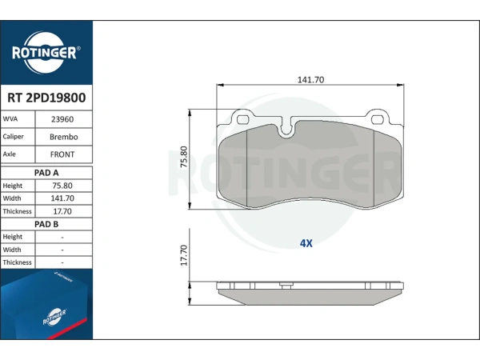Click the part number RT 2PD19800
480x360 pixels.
[x=46, y=98]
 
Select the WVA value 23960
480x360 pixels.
[x=62, y=119]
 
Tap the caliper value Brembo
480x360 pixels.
[x=64, y=137]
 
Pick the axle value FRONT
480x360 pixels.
[x=62, y=154]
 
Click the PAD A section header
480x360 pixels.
[x=46, y=173]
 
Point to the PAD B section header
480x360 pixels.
[x=46, y=224]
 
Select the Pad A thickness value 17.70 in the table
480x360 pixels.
[x=62, y=211]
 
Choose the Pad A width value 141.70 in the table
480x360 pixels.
[x=62, y=198]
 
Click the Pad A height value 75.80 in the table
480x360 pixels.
[x=62, y=186]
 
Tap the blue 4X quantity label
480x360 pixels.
[x=306, y=243]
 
